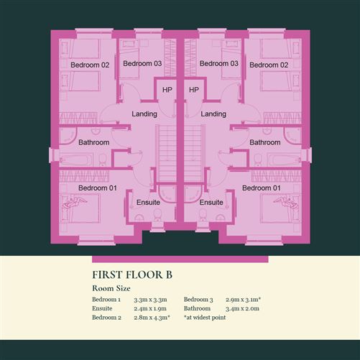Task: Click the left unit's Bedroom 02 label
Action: (90, 65)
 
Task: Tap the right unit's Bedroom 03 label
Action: (219, 63)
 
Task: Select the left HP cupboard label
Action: (167, 90)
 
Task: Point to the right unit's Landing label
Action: (213, 114)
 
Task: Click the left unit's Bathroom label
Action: (94, 142)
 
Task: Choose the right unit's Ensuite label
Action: (211, 203)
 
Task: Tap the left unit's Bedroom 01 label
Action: (98, 188)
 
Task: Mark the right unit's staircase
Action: (195, 153)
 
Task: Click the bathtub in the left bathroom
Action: (76, 160)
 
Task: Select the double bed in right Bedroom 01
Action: (280, 208)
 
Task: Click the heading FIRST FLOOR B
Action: (132, 274)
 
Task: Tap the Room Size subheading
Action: (111, 288)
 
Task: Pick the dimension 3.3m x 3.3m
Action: (150, 300)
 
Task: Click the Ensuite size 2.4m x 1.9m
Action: (150, 308)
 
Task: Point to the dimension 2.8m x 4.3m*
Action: (152, 318)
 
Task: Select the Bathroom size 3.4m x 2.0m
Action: (242, 308)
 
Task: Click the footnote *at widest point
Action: (205, 318)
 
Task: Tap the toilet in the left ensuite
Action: (157, 215)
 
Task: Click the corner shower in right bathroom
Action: (292, 135)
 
